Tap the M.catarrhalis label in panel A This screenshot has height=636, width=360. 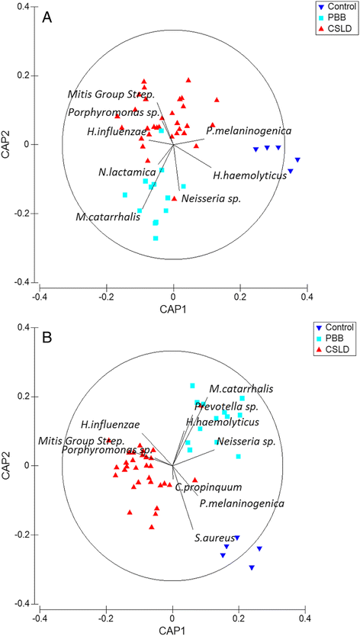[107, 217]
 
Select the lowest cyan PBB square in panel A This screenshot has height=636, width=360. [156, 239]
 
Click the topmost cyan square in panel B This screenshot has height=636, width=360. [193, 386]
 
